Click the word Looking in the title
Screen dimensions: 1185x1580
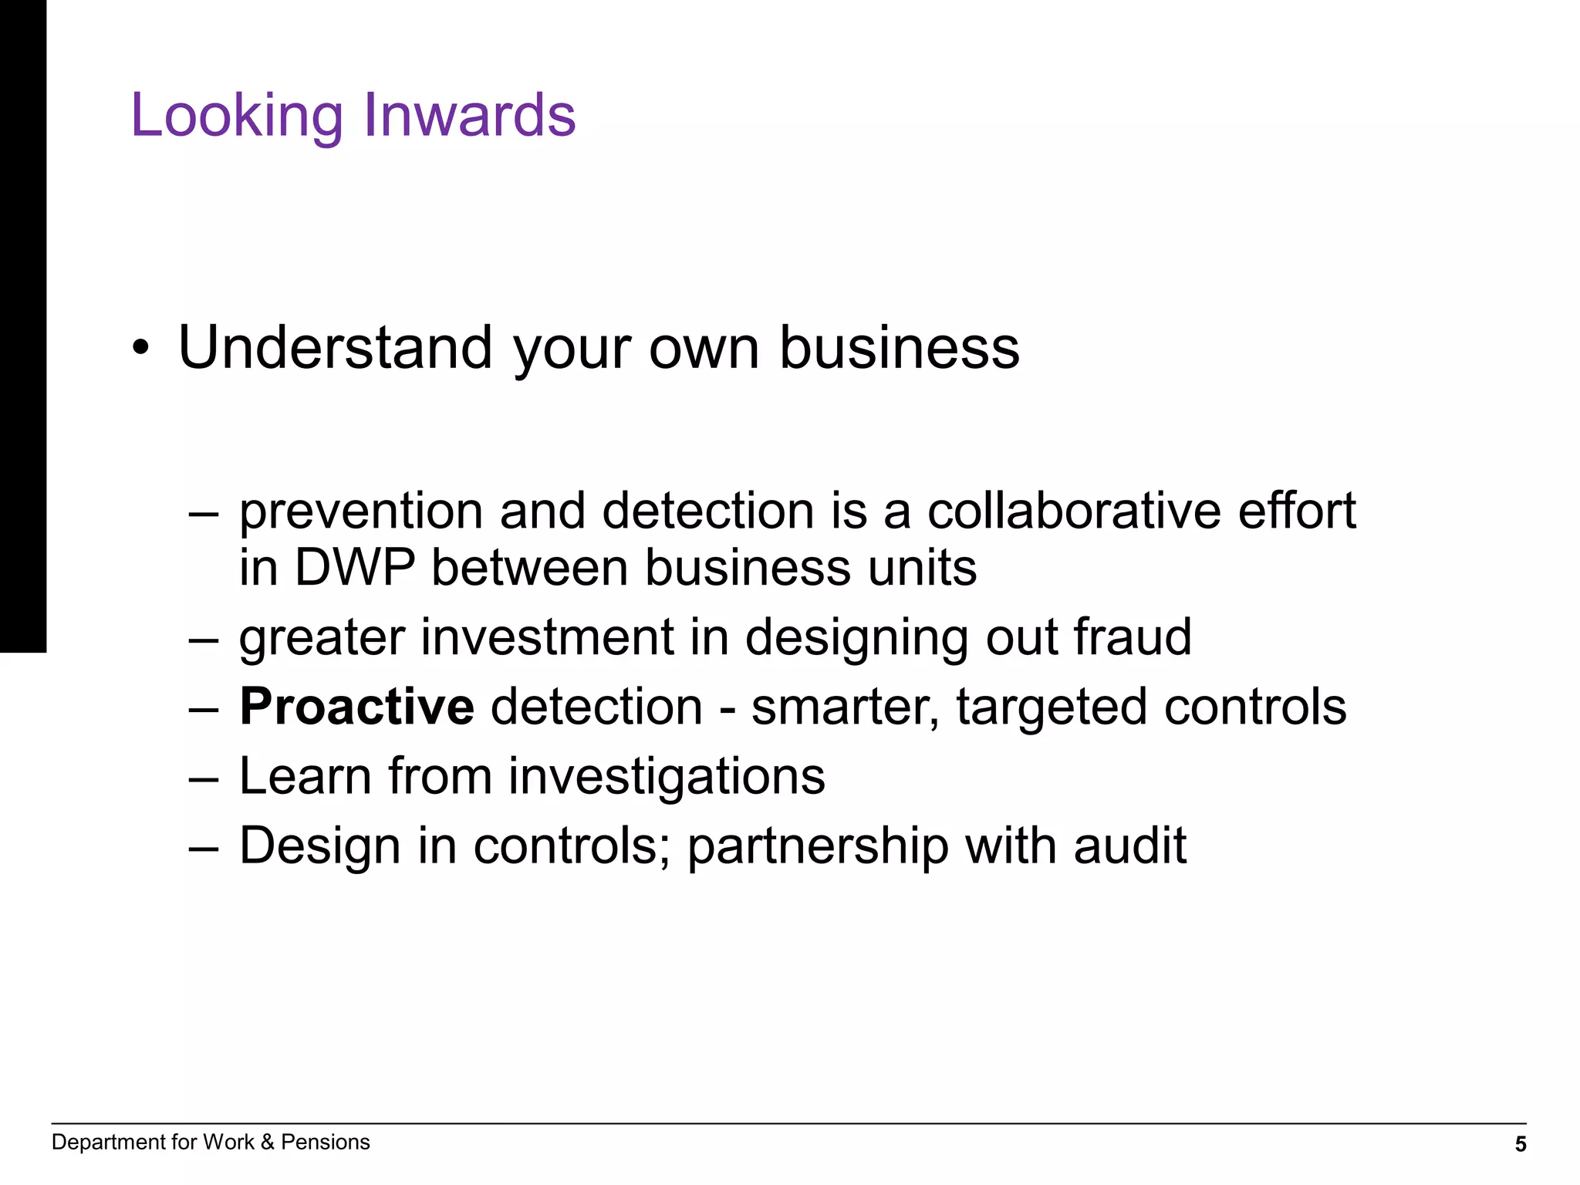(236, 116)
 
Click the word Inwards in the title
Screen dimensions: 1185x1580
(469, 116)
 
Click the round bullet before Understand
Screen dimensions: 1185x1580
(139, 349)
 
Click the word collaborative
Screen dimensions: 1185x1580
(1073, 511)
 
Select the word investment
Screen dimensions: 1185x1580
(547, 637)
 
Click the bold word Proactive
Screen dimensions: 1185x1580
(356, 707)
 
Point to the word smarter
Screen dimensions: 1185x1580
(845, 707)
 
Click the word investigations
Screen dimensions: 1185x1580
(667, 778)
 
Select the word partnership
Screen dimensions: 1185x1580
(818, 847)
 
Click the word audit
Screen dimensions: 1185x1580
(1129, 846)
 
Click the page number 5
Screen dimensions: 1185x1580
(1521, 1145)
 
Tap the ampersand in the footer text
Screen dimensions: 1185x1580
(267, 1143)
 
